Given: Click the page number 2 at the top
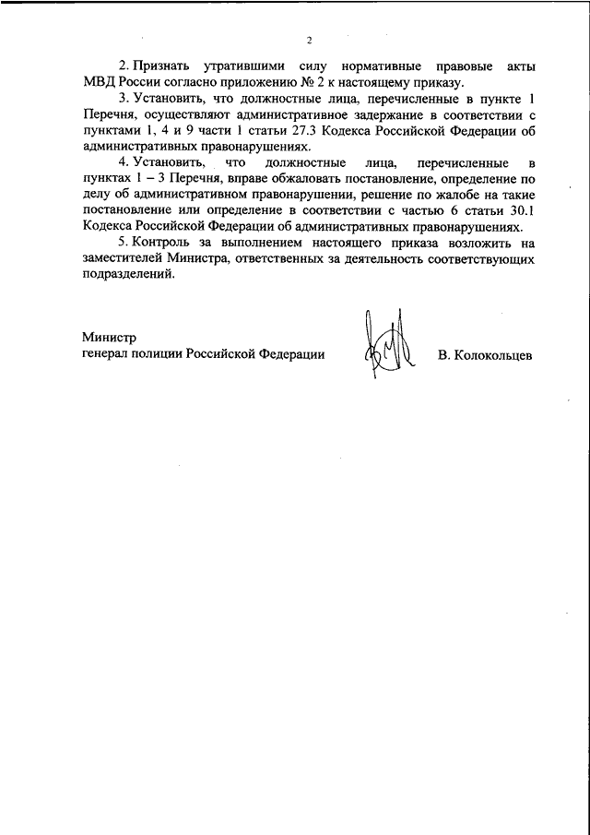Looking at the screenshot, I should tap(310, 41).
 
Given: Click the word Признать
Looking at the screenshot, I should tap(161, 67).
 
